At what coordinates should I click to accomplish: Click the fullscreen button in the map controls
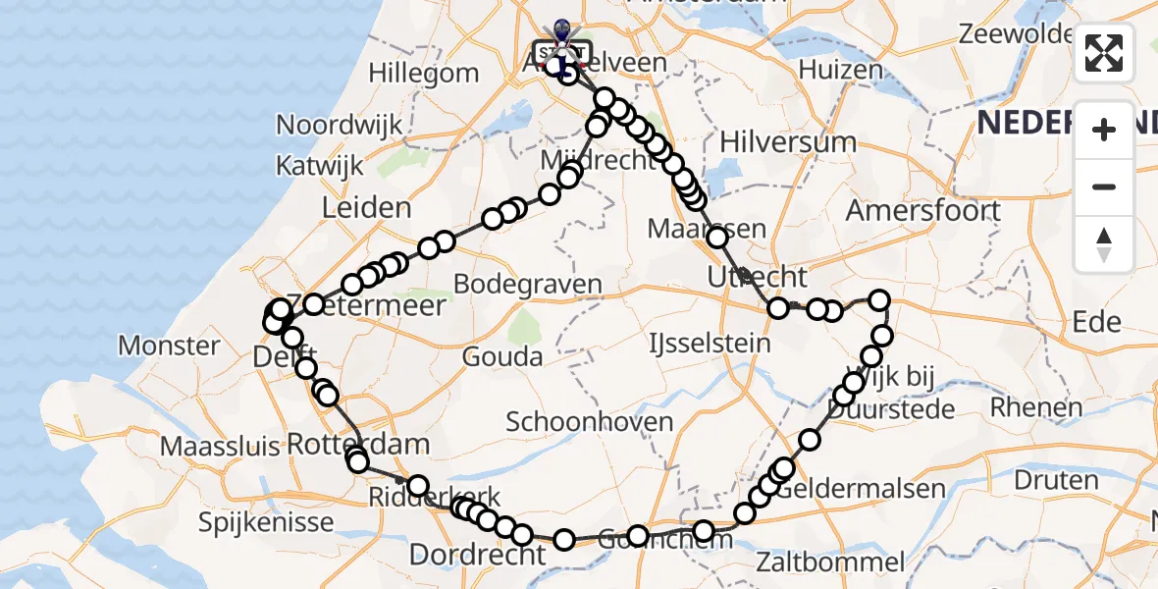pyautogui.click(x=1104, y=53)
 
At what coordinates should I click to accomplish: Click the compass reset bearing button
pyautogui.click(x=1104, y=244)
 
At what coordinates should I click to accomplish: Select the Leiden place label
pyautogui.click(x=365, y=207)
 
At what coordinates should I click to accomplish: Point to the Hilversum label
pyautogui.click(x=788, y=141)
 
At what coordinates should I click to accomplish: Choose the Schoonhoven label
pyautogui.click(x=590, y=422)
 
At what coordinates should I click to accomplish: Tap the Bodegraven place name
pyautogui.click(x=528, y=284)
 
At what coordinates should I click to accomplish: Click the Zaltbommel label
pyautogui.click(x=831, y=562)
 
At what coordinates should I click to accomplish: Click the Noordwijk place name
pyautogui.click(x=340, y=125)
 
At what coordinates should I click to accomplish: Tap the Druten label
pyautogui.click(x=1056, y=481)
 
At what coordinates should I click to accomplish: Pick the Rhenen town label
pyautogui.click(x=1036, y=406)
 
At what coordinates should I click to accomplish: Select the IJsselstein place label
pyautogui.click(x=710, y=344)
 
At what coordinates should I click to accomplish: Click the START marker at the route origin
pyautogui.click(x=562, y=51)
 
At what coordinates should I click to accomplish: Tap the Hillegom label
pyautogui.click(x=424, y=73)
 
